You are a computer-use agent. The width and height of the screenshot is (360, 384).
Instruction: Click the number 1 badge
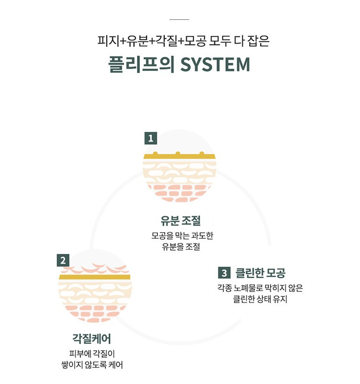(150, 139)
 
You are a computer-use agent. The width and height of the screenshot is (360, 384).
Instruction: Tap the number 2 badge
(63, 260)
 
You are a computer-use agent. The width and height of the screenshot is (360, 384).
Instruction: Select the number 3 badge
(224, 273)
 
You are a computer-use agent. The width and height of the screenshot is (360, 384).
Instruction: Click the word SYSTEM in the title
(215, 65)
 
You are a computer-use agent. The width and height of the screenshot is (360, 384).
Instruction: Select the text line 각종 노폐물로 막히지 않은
(260, 288)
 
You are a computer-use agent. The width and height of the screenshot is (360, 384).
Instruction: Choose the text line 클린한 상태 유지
(260, 299)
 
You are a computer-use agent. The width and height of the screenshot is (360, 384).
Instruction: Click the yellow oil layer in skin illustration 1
(180, 157)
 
